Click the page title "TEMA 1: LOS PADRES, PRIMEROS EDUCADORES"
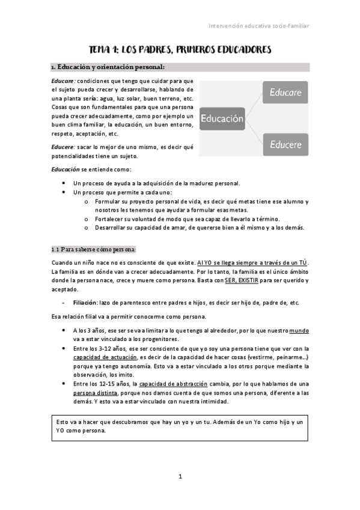tap(180, 49)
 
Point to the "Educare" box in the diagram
tap(285, 93)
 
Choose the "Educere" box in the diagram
tap(285, 144)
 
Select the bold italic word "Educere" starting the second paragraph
tap(63, 146)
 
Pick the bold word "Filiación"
tap(85, 303)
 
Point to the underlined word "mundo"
tap(299, 331)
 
